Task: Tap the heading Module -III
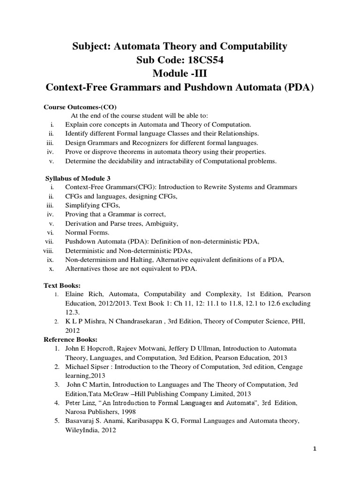[180, 74]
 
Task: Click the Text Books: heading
[62, 285]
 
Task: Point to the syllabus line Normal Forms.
[87, 232]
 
